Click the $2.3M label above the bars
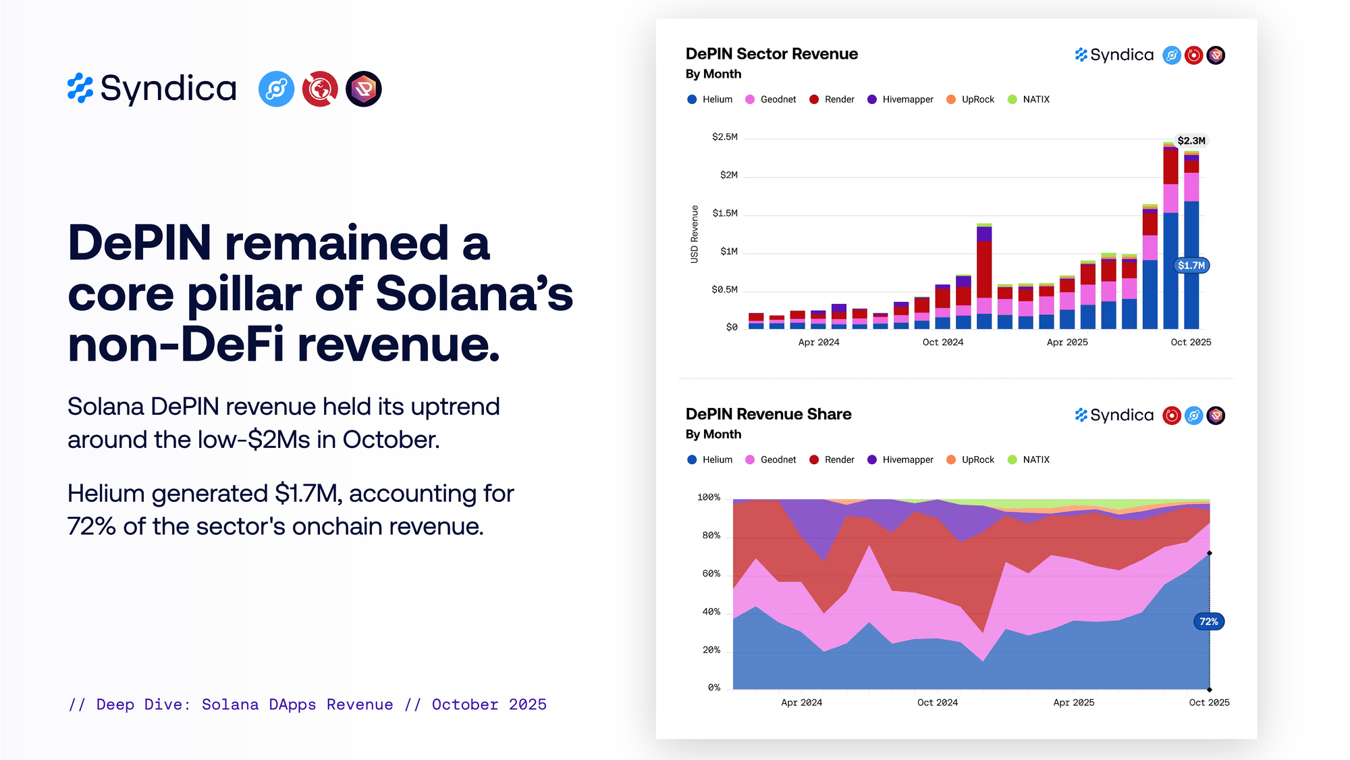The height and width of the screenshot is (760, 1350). click(1191, 141)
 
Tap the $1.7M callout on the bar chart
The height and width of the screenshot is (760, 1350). click(1191, 265)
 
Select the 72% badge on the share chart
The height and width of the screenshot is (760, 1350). click(1208, 622)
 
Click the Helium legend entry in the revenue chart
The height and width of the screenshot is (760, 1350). click(710, 99)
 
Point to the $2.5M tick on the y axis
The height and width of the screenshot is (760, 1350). click(725, 137)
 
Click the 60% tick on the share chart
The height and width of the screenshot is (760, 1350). click(711, 574)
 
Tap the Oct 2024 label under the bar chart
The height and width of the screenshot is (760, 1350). click(942, 343)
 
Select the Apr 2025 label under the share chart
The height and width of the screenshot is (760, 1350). click(1073, 703)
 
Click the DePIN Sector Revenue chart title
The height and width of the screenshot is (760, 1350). click(772, 54)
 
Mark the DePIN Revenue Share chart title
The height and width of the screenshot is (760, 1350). click(768, 414)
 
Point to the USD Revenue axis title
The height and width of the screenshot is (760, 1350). click(694, 234)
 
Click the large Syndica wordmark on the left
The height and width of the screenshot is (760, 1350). click(168, 88)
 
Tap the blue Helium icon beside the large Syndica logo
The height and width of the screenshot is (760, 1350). click(276, 89)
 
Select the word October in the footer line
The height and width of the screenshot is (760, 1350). click(465, 705)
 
